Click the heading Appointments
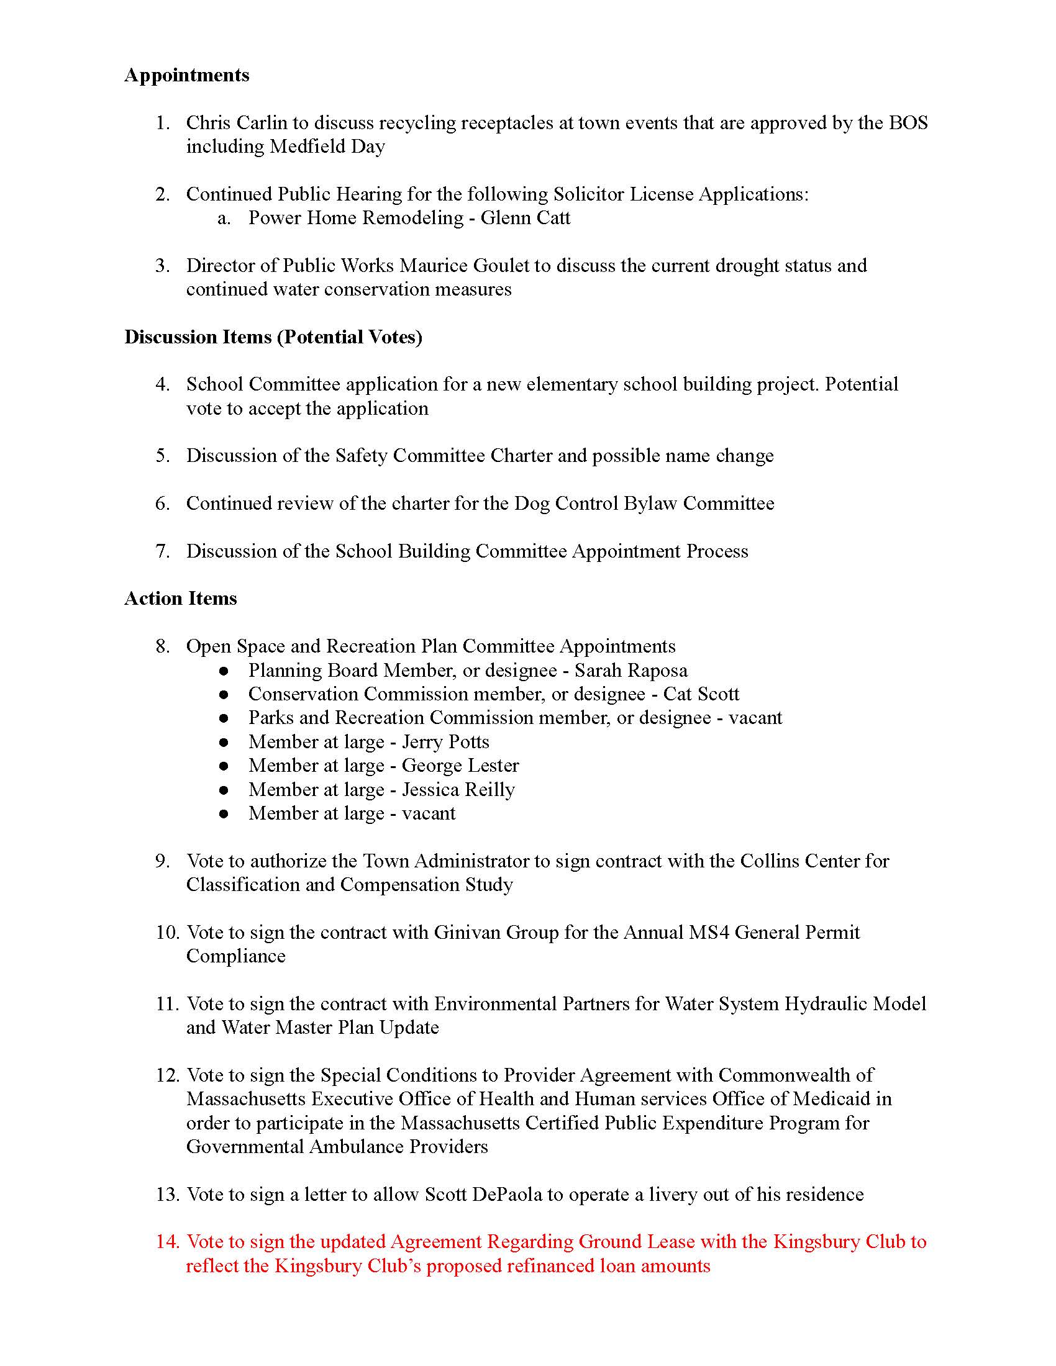[x=186, y=75]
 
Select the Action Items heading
[x=180, y=599]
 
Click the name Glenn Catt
[x=525, y=218]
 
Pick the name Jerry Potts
[x=445, y=742]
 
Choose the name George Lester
[x=460, y=766]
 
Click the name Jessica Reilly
[x=458, y=790]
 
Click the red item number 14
[x=168, y=1242]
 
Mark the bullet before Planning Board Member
[x=224, y=671]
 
